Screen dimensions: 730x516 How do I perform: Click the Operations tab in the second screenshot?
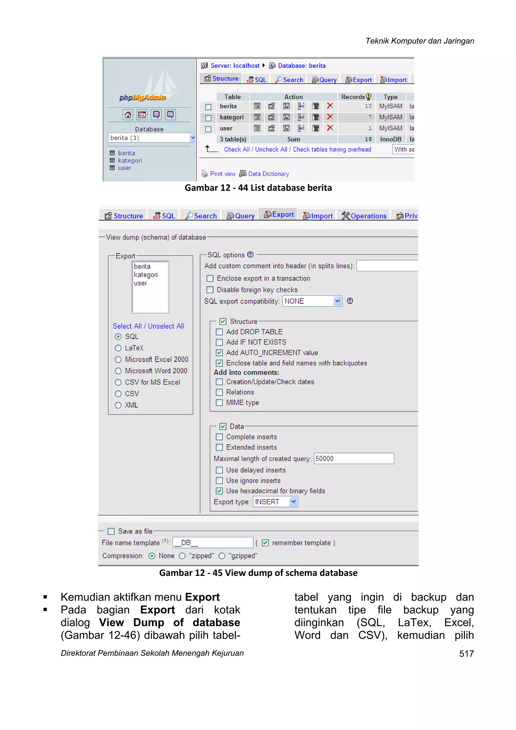(364, 216)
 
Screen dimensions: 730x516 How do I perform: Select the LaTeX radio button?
(118, 348)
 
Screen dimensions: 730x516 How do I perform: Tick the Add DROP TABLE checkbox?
(219, 332)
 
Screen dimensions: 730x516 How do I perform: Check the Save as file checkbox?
(111, 531)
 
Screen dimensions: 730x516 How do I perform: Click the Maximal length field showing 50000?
(354, 458)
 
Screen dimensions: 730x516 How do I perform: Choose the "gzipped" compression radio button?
(222, 556)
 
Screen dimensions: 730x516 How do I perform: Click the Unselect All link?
(166, 326)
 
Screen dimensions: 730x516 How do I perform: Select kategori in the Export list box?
(146, 275)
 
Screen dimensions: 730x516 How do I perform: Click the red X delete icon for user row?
(330, 128)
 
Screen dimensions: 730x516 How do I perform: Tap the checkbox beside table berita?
(208, 107)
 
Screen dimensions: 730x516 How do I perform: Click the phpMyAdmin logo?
(143, 97)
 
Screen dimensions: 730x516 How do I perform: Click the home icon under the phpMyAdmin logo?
(128, 115)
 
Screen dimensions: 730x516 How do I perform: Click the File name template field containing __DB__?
(213, 543)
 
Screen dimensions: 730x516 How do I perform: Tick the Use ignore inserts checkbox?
(219, 480)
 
